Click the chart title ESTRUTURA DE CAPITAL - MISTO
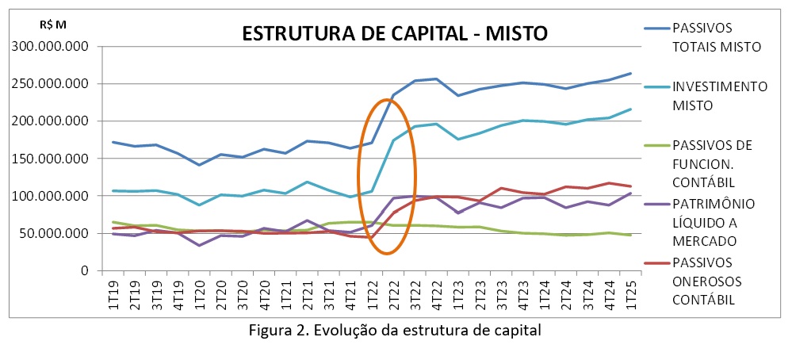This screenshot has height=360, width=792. click(395, 33)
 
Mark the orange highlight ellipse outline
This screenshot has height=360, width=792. click(358, 177)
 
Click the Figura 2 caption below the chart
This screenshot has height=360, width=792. click(396, 331)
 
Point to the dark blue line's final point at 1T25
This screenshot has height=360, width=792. click(630, 73)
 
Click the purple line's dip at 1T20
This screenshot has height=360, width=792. click(200, 245)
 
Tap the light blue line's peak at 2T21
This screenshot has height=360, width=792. click(307, 182)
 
